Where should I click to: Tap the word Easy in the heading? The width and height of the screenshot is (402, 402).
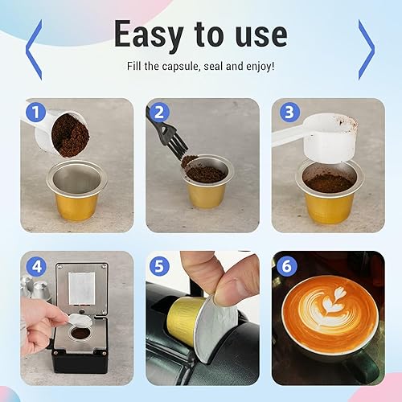point(149,35)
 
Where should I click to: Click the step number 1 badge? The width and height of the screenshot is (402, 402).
point(35,112)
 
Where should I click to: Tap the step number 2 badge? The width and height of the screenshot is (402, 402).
point(159,112)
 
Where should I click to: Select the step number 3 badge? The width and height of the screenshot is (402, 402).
point(289,112)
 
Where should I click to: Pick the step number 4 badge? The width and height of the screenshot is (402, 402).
point(36,266)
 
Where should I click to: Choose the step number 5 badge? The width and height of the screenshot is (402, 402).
point(159,266)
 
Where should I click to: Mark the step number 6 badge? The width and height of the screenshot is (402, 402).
point(286,266)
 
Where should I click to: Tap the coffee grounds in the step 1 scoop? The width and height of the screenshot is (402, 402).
point(70,136)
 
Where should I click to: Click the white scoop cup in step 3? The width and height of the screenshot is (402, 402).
point(330,138)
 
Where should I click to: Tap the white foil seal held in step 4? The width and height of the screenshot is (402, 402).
point(80,320)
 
